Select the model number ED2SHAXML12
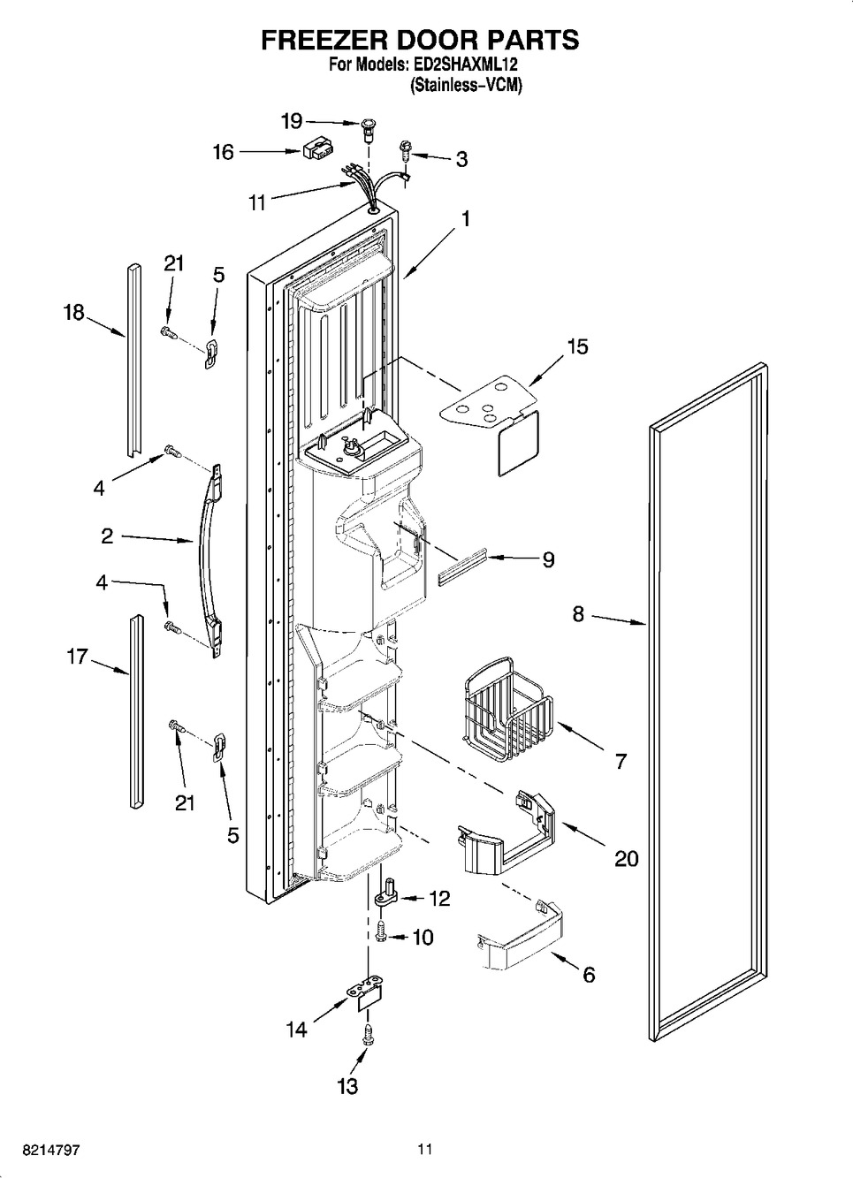[x=467, y=65]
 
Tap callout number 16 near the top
[x=223, y=152]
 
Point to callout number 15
[x=576, y=346]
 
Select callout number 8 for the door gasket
[x=578, y=612]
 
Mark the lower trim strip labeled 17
[x=134, y=711]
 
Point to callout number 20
[x=626, y=857]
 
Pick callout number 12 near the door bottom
[x=438, y=899]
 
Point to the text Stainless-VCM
[x=467, y=86]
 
